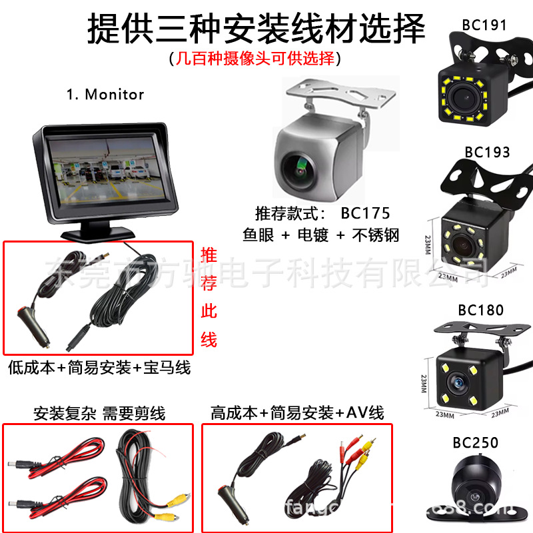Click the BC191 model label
coord(484,25)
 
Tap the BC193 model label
coord(487,152)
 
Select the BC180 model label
coord(480,310)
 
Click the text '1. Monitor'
coord(105,95)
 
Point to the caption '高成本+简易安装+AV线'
coord(296,413)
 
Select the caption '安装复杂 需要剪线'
coord(99,413)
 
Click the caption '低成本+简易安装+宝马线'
coord(99,366)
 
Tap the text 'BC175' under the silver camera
coord(364,214)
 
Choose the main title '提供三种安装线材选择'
coord(256,28)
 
